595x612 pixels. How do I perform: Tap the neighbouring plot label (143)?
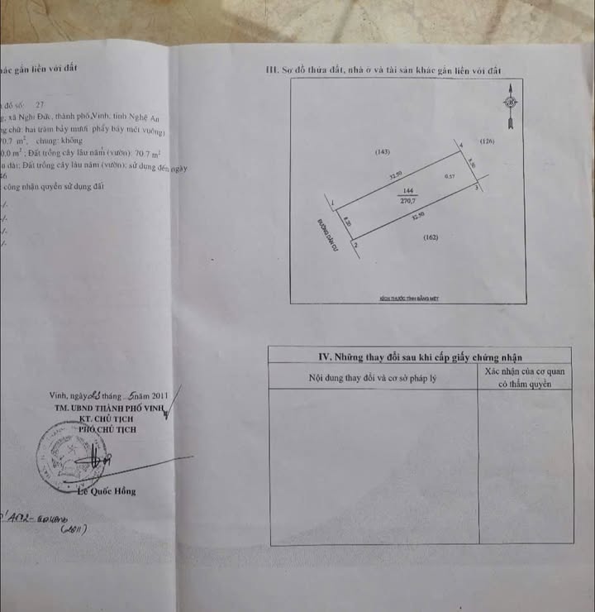(382, 152)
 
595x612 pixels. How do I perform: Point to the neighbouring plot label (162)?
(430, 238)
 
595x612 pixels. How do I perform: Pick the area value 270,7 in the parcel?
(407, 199)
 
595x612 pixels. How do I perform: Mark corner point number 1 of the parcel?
(331, 202)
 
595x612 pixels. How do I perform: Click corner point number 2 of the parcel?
(355, 246)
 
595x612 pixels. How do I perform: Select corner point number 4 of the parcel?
(459, 146)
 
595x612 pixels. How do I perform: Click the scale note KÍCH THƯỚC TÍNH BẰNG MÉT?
(408, 295)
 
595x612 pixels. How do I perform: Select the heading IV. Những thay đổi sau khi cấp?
(420, 357)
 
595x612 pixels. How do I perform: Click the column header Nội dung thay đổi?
(372, 378)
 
